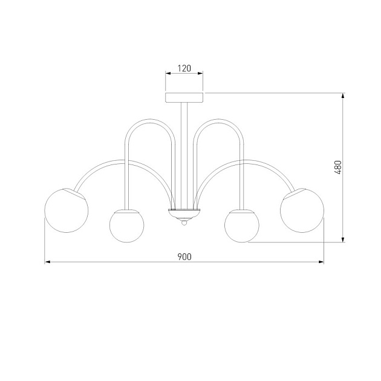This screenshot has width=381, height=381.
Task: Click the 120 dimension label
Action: click(184, 68)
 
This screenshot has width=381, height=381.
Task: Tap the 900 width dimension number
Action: click(184, 256)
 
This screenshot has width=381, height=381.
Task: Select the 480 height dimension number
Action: click(337, 168)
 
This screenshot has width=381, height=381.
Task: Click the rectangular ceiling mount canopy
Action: click(184, 97)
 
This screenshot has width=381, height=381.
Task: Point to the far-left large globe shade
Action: click(67, 210)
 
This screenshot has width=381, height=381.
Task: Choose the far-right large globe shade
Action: click(302, 210)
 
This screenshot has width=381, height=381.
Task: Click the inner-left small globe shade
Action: click(126, 226)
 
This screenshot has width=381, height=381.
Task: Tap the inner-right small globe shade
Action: click(242, 226)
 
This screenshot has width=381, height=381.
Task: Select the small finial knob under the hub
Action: click(184, 223)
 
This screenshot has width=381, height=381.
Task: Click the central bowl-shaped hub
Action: click(184, 214)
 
